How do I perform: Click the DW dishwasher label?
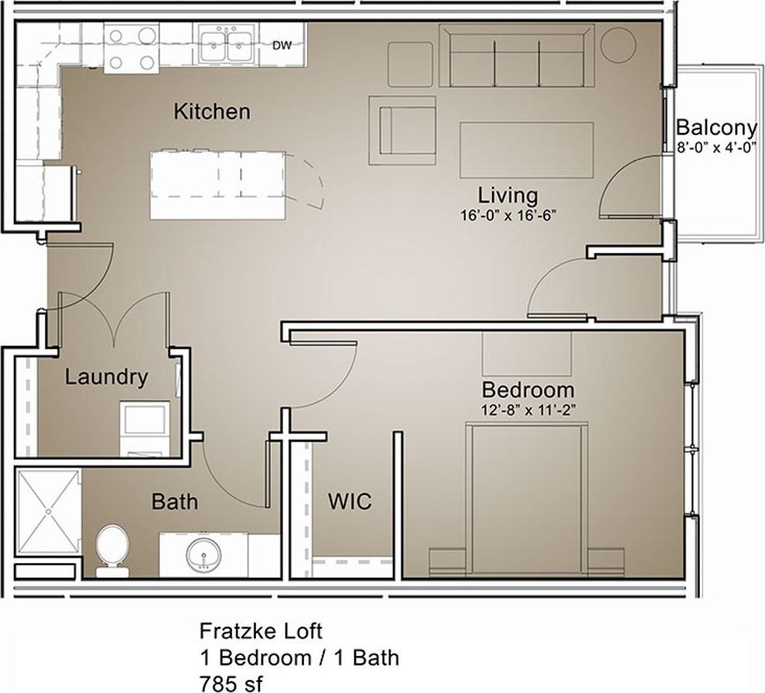tap(282, 46)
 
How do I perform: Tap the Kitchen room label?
tap(212, 111)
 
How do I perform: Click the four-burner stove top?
tap(131, 48)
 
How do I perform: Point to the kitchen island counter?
tap(217, 186)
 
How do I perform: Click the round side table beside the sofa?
tap(618, 44)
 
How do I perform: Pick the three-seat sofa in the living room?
tap(517, 56)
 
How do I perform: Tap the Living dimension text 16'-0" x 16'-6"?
tap(508, 215)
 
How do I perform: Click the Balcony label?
tap(716, 128)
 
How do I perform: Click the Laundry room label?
tap(107, 377)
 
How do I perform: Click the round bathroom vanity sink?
tap(204, 555)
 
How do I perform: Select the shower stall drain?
tap(48, 511)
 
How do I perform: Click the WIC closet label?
tap(350, 501)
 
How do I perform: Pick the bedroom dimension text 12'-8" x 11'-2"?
tap(528, 411)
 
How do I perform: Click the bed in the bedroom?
tap(527, 499)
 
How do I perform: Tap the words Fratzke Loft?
tap(261, 631)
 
